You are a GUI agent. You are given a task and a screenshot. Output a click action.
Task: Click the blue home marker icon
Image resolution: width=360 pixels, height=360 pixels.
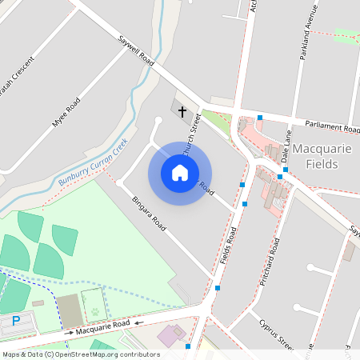point(180,173)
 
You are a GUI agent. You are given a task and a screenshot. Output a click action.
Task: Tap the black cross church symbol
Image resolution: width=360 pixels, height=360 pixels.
point(182,111)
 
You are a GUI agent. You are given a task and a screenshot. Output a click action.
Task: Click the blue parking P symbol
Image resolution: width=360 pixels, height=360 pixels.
point(16,322)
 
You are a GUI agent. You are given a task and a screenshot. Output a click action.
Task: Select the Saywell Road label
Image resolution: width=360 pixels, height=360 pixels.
point(135,50)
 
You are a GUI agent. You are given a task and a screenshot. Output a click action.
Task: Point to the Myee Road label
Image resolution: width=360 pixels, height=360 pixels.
point(66,112)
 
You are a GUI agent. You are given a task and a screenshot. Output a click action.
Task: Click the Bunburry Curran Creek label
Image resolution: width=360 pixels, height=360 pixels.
point(93,163)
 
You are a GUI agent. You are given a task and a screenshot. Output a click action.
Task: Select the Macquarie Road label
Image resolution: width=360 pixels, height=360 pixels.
point(102,325)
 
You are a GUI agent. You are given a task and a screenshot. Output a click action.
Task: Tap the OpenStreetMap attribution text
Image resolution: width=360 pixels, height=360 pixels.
point(80,354)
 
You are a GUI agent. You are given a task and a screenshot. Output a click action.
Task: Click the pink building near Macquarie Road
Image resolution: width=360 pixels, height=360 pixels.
point(170,335)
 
